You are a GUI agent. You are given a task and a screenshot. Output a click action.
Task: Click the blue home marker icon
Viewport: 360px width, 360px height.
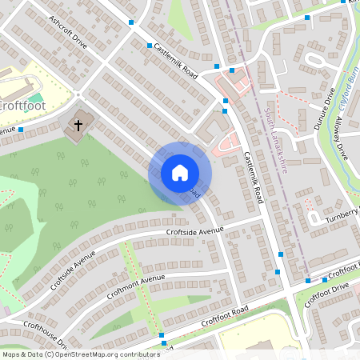click(180, 173)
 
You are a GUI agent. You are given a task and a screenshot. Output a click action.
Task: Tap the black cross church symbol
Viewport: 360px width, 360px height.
click(78, 124)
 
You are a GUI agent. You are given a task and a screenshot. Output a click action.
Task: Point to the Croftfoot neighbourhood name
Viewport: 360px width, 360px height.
click(21, 105)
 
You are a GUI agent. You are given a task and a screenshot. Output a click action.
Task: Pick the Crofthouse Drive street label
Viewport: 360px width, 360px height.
click(43, 334)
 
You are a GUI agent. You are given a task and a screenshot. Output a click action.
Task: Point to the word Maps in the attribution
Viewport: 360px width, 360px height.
click(13, 354)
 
